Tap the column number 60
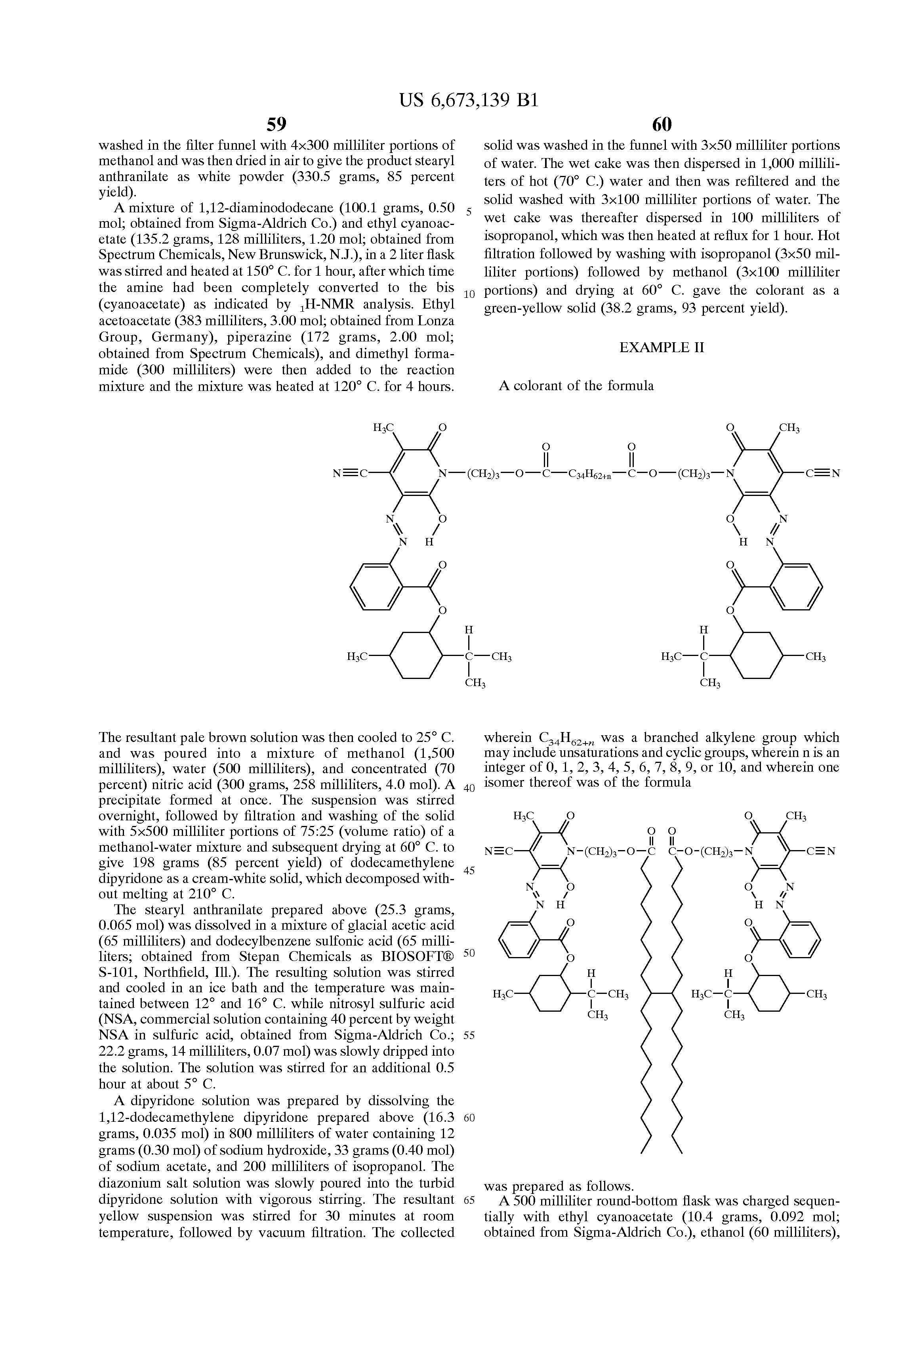tap(662, 124)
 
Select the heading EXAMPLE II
tap(662, 347)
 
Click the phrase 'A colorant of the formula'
tap(576, 386)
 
